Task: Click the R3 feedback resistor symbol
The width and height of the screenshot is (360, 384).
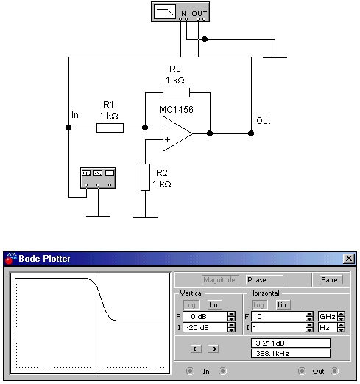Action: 176,93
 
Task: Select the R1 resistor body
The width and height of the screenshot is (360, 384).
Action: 110,128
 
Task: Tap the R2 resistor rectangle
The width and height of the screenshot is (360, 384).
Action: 145,177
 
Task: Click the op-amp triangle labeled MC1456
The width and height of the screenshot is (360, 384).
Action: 177,134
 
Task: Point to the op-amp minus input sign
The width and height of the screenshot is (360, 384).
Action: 167,128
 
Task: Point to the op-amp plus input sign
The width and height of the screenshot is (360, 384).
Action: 167,140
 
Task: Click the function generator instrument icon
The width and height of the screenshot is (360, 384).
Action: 98,178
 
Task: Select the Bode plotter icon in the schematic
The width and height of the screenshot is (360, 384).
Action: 180,12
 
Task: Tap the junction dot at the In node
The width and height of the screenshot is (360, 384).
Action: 68,128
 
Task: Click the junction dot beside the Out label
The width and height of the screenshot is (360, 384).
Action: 251,133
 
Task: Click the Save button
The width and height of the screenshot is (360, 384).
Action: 329,280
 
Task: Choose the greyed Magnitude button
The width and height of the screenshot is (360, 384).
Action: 219,280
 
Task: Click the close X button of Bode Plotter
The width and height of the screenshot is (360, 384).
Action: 349,259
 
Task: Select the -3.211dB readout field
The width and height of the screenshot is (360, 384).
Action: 291,343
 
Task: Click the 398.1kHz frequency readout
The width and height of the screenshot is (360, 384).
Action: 291,354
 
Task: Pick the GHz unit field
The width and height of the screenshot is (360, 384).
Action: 328,317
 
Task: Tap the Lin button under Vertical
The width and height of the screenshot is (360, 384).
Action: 213,305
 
